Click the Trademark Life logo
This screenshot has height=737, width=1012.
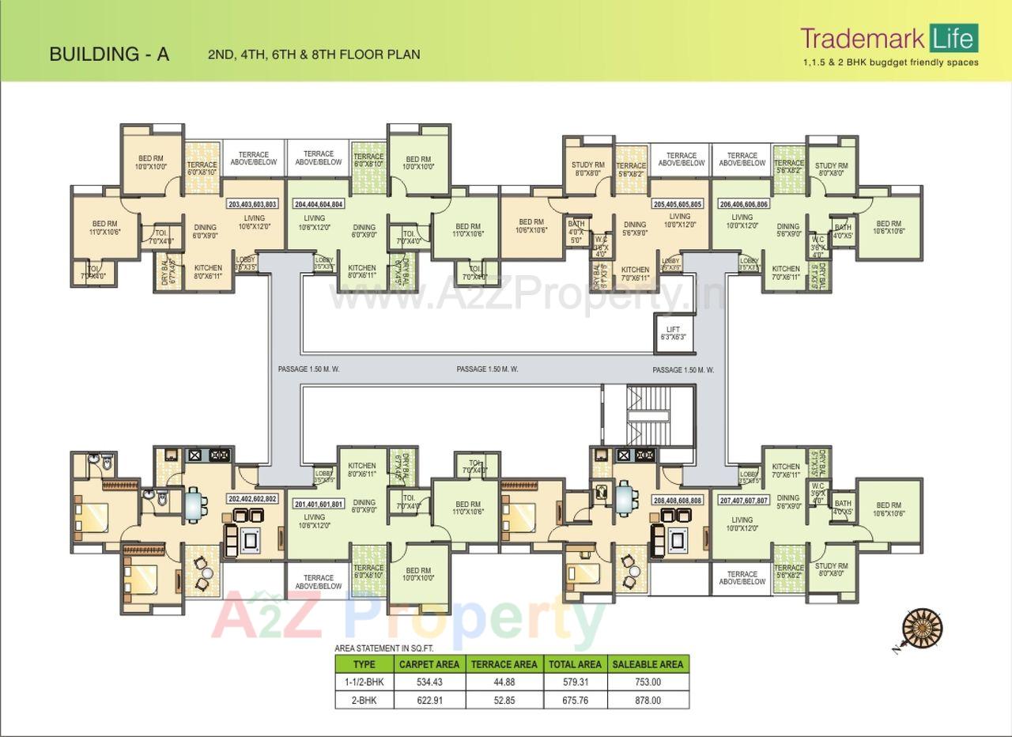click(x=889, y=39)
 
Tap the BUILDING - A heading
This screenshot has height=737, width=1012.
click(x=109, y=55)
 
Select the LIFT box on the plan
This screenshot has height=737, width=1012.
click(x=673, y=333)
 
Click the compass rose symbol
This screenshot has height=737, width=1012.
click(x=922, y=629)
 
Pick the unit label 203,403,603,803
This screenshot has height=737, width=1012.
click(x=252, y=204)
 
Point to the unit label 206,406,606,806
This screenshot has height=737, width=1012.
click(x=743, y=204)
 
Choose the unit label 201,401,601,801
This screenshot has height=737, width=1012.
click(x=319, y=504)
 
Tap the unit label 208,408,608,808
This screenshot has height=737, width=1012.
click(x=678, y=501)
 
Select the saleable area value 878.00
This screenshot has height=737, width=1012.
click(x=648, y=701)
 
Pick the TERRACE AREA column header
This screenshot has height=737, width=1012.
click(x=504, y=664)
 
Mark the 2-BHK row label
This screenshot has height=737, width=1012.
click(x=364, y=701)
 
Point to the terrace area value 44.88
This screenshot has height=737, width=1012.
click(x=504, y=682)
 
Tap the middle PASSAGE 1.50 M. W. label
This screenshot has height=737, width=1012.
click(x=487, y=369)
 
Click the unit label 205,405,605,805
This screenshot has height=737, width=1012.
click(x=677, y=204)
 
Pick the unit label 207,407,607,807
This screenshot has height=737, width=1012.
click(x=743, y=501)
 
